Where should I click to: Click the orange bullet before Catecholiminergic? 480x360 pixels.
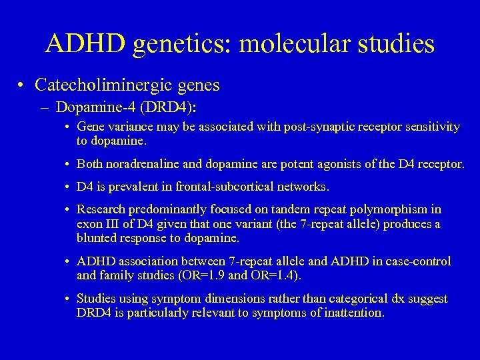point(23,85)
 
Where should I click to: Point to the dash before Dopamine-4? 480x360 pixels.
point(48,107)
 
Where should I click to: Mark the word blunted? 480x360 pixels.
point(97,238)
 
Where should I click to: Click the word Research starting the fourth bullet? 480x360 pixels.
point(101,210)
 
